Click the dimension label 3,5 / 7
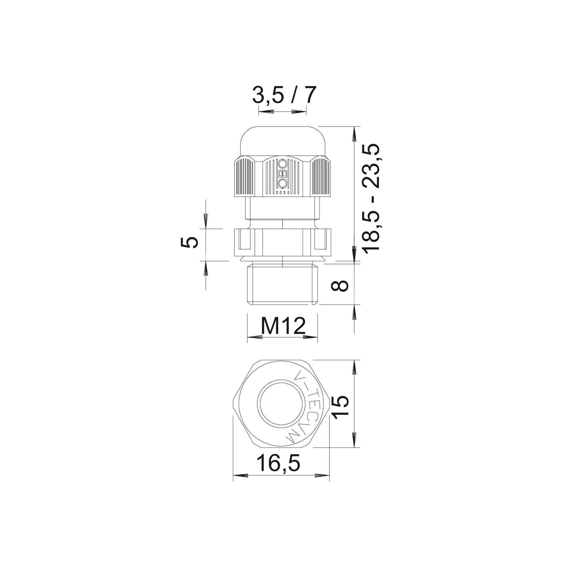pyautogui.click(x=284, y=95)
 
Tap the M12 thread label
pyautogui.click(x=283, y=326)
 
